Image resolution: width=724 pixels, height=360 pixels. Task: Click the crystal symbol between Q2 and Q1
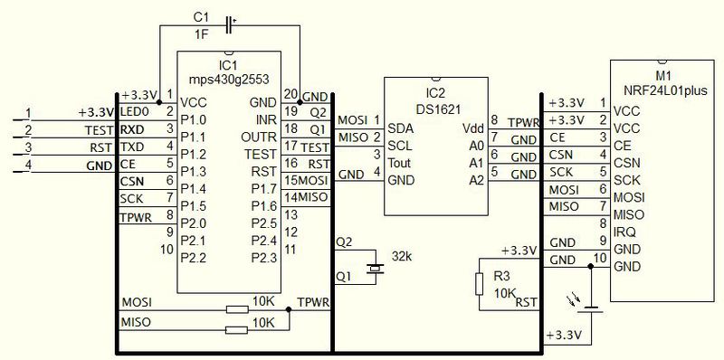click(x=375, y=268)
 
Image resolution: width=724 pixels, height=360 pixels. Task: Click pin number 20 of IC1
click(x=291, y=93)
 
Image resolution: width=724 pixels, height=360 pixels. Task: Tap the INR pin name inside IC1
click(x=266, y=119)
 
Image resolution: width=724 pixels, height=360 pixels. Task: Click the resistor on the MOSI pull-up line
click(x=236, y=309)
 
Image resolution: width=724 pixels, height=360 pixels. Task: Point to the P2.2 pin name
click(x=195, y=258)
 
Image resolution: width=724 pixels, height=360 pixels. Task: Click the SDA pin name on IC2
click(x=399, y=128)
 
